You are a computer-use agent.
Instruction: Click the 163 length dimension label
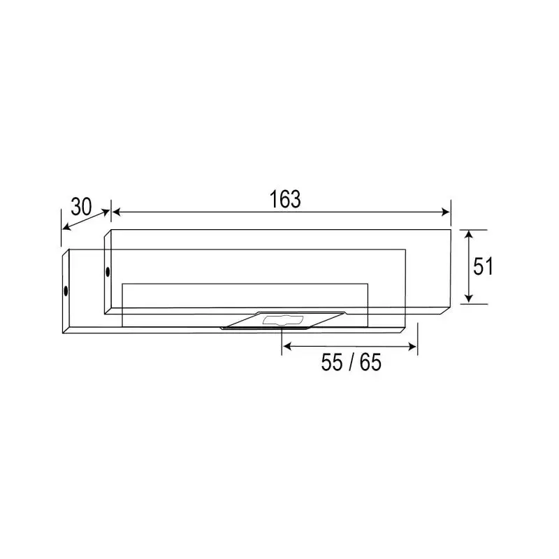click(285, 199)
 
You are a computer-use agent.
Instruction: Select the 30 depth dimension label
click(81, 206)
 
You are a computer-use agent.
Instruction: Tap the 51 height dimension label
click(483, 266)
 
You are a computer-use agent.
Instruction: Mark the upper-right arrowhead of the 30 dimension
click(108, 209)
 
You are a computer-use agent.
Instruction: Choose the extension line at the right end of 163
click(451, 213)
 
